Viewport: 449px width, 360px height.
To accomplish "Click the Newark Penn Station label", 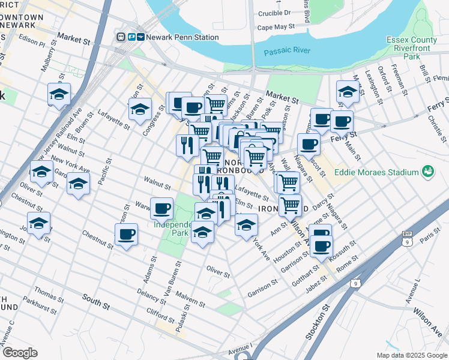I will pyautogui.click(x=178, y=37).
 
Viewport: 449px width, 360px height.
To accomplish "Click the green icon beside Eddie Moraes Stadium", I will pyautogui.click(x=427, y=172).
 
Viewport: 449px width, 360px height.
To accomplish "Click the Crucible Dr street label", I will pyautogui.click(x=274, y=12).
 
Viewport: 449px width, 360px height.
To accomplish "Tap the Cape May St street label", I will pyautogui.click(x=276, y=27).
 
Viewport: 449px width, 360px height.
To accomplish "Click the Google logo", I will pyautogui.click(x=20, y=353).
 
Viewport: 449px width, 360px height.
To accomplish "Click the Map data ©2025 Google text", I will pyautogui.click(x=411, y=355).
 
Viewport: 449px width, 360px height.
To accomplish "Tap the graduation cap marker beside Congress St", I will pyautogui.click(x=140, y=110).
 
